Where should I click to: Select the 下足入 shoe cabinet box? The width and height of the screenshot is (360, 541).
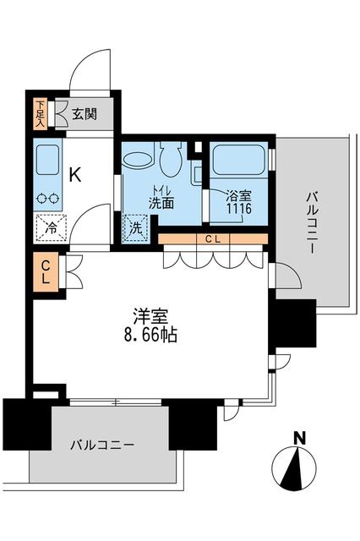click(40, 112)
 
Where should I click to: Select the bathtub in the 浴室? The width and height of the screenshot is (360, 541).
click(239, 160)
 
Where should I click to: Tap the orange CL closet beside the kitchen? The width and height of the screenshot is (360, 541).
click(46, 271)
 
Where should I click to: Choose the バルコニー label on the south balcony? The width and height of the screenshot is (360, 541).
click(101, 444)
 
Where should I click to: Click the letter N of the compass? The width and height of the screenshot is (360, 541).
click(298, 437)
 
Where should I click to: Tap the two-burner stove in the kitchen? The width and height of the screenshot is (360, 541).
click(48, 199)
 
